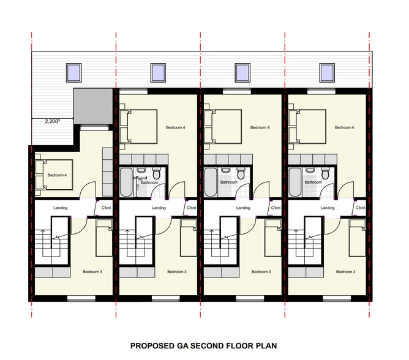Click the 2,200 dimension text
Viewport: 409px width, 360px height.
pyautogui.click(x=52, y=121)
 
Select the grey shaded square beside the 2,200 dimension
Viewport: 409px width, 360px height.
pyautogui.click(x=92, y=107)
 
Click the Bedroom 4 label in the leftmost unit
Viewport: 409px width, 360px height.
pyautogui.click(x=57, y=174)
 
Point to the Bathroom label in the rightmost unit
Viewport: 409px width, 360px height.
pyautogui.click(x=313, y=182)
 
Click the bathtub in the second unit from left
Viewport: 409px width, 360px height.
pyautogui.click(x=126, y=181)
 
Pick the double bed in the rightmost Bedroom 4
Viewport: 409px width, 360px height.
pyautogui.click(x=306, y=126)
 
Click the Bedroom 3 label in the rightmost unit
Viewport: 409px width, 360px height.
pyautogui.click(x=345, y=271)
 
